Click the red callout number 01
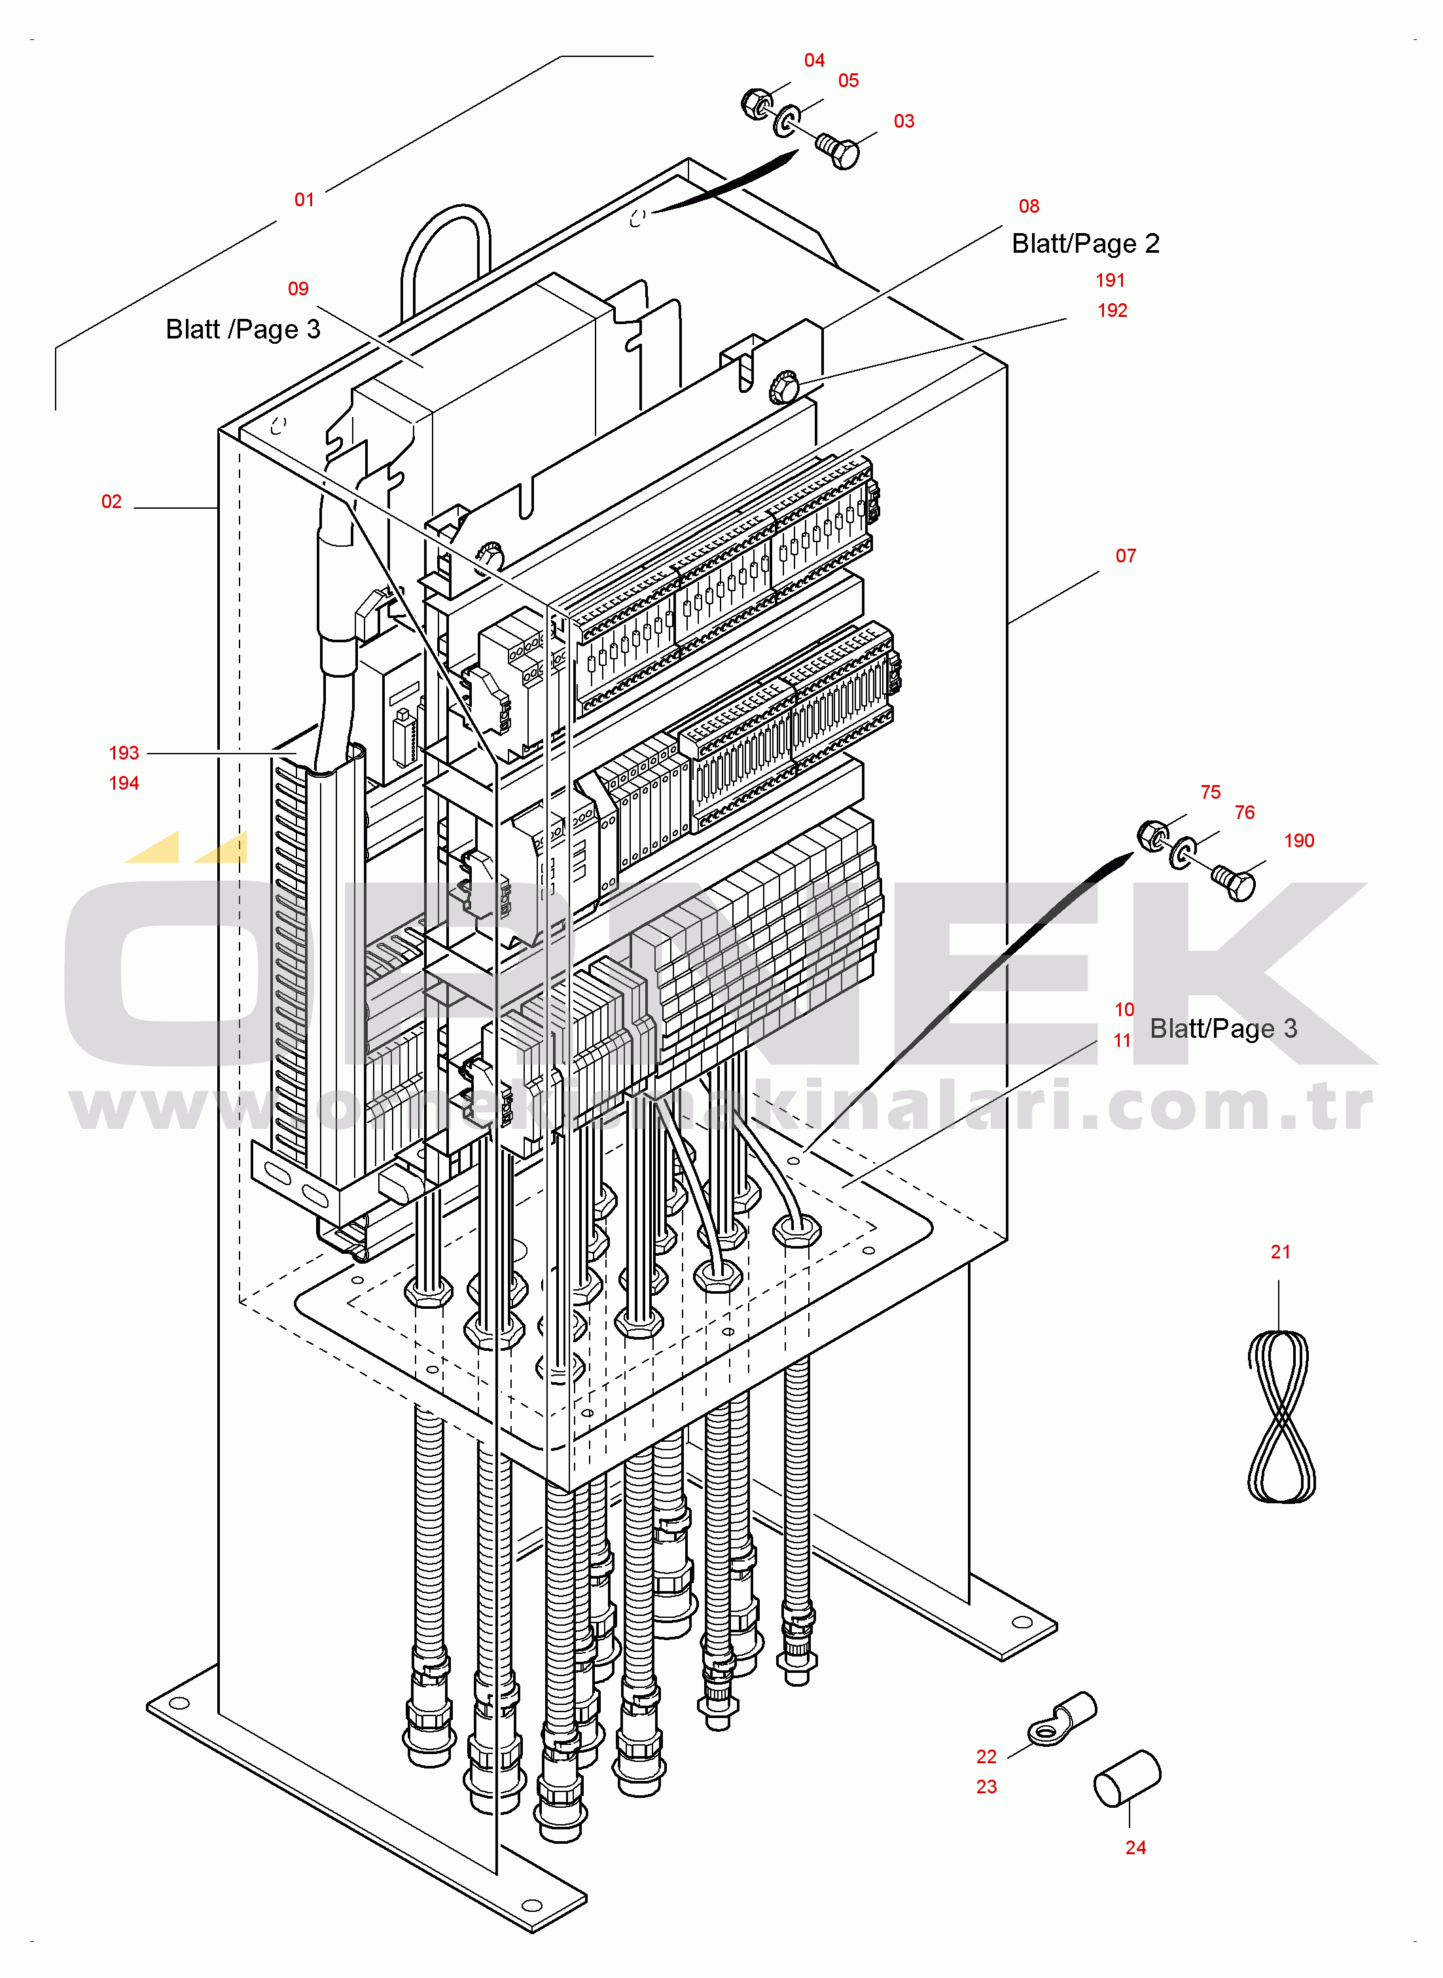click(x=304, y=200)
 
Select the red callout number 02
click(x=112, y=502)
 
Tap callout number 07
click(x=1126, y=557)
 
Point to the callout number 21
click(x=1281, y=1253)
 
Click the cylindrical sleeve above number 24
click(x=1128, y=1778)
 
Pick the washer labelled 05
click(x=788, y=121)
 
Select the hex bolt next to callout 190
click(x=1234, y=883)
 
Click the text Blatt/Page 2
click(x=1086, y=244)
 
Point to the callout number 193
click(x=124, y=753)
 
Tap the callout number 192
click(x=1113, y=311)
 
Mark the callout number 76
click(x=1245, y=813)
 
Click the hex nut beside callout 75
click(x=1152, y=836)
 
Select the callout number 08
click(x=1029, y=207)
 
